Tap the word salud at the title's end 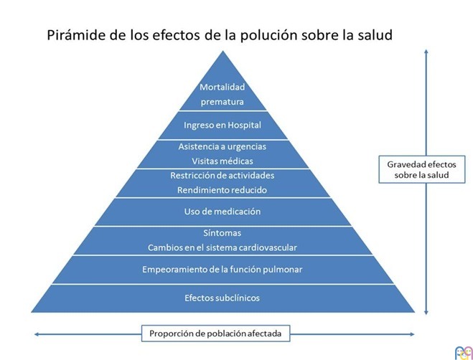[374, 34]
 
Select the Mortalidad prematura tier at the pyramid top [223, 94]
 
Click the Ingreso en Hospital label [223, 125]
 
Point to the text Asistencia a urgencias [223, 146]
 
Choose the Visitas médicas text [223, 161]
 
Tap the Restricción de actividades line [223, 176]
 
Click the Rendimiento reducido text [223, 190]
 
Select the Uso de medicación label [223, 212]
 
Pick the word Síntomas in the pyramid [223, 233]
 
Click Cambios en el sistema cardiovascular [223, 247]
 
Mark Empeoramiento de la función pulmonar [223, 269]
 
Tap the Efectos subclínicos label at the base [223, 297]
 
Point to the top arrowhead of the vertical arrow [426, 52]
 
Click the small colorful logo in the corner [462, 351]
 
